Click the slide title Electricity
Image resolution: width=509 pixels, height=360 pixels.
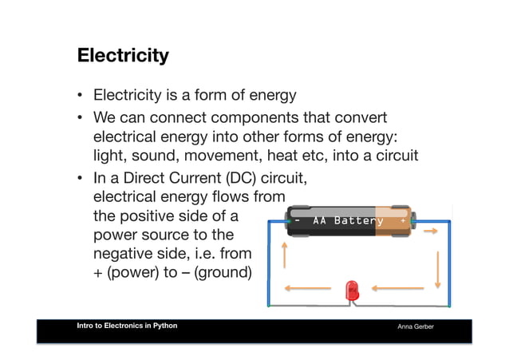pos(123,56)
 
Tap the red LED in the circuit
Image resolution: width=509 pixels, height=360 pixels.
pos(352,291)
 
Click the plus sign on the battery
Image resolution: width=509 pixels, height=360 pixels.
pos(403,220)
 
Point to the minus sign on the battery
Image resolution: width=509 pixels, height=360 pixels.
pos(297,220)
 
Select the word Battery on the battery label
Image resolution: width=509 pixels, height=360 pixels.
pos(359,220)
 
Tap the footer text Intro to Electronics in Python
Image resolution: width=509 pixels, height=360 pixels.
pos(128,326)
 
